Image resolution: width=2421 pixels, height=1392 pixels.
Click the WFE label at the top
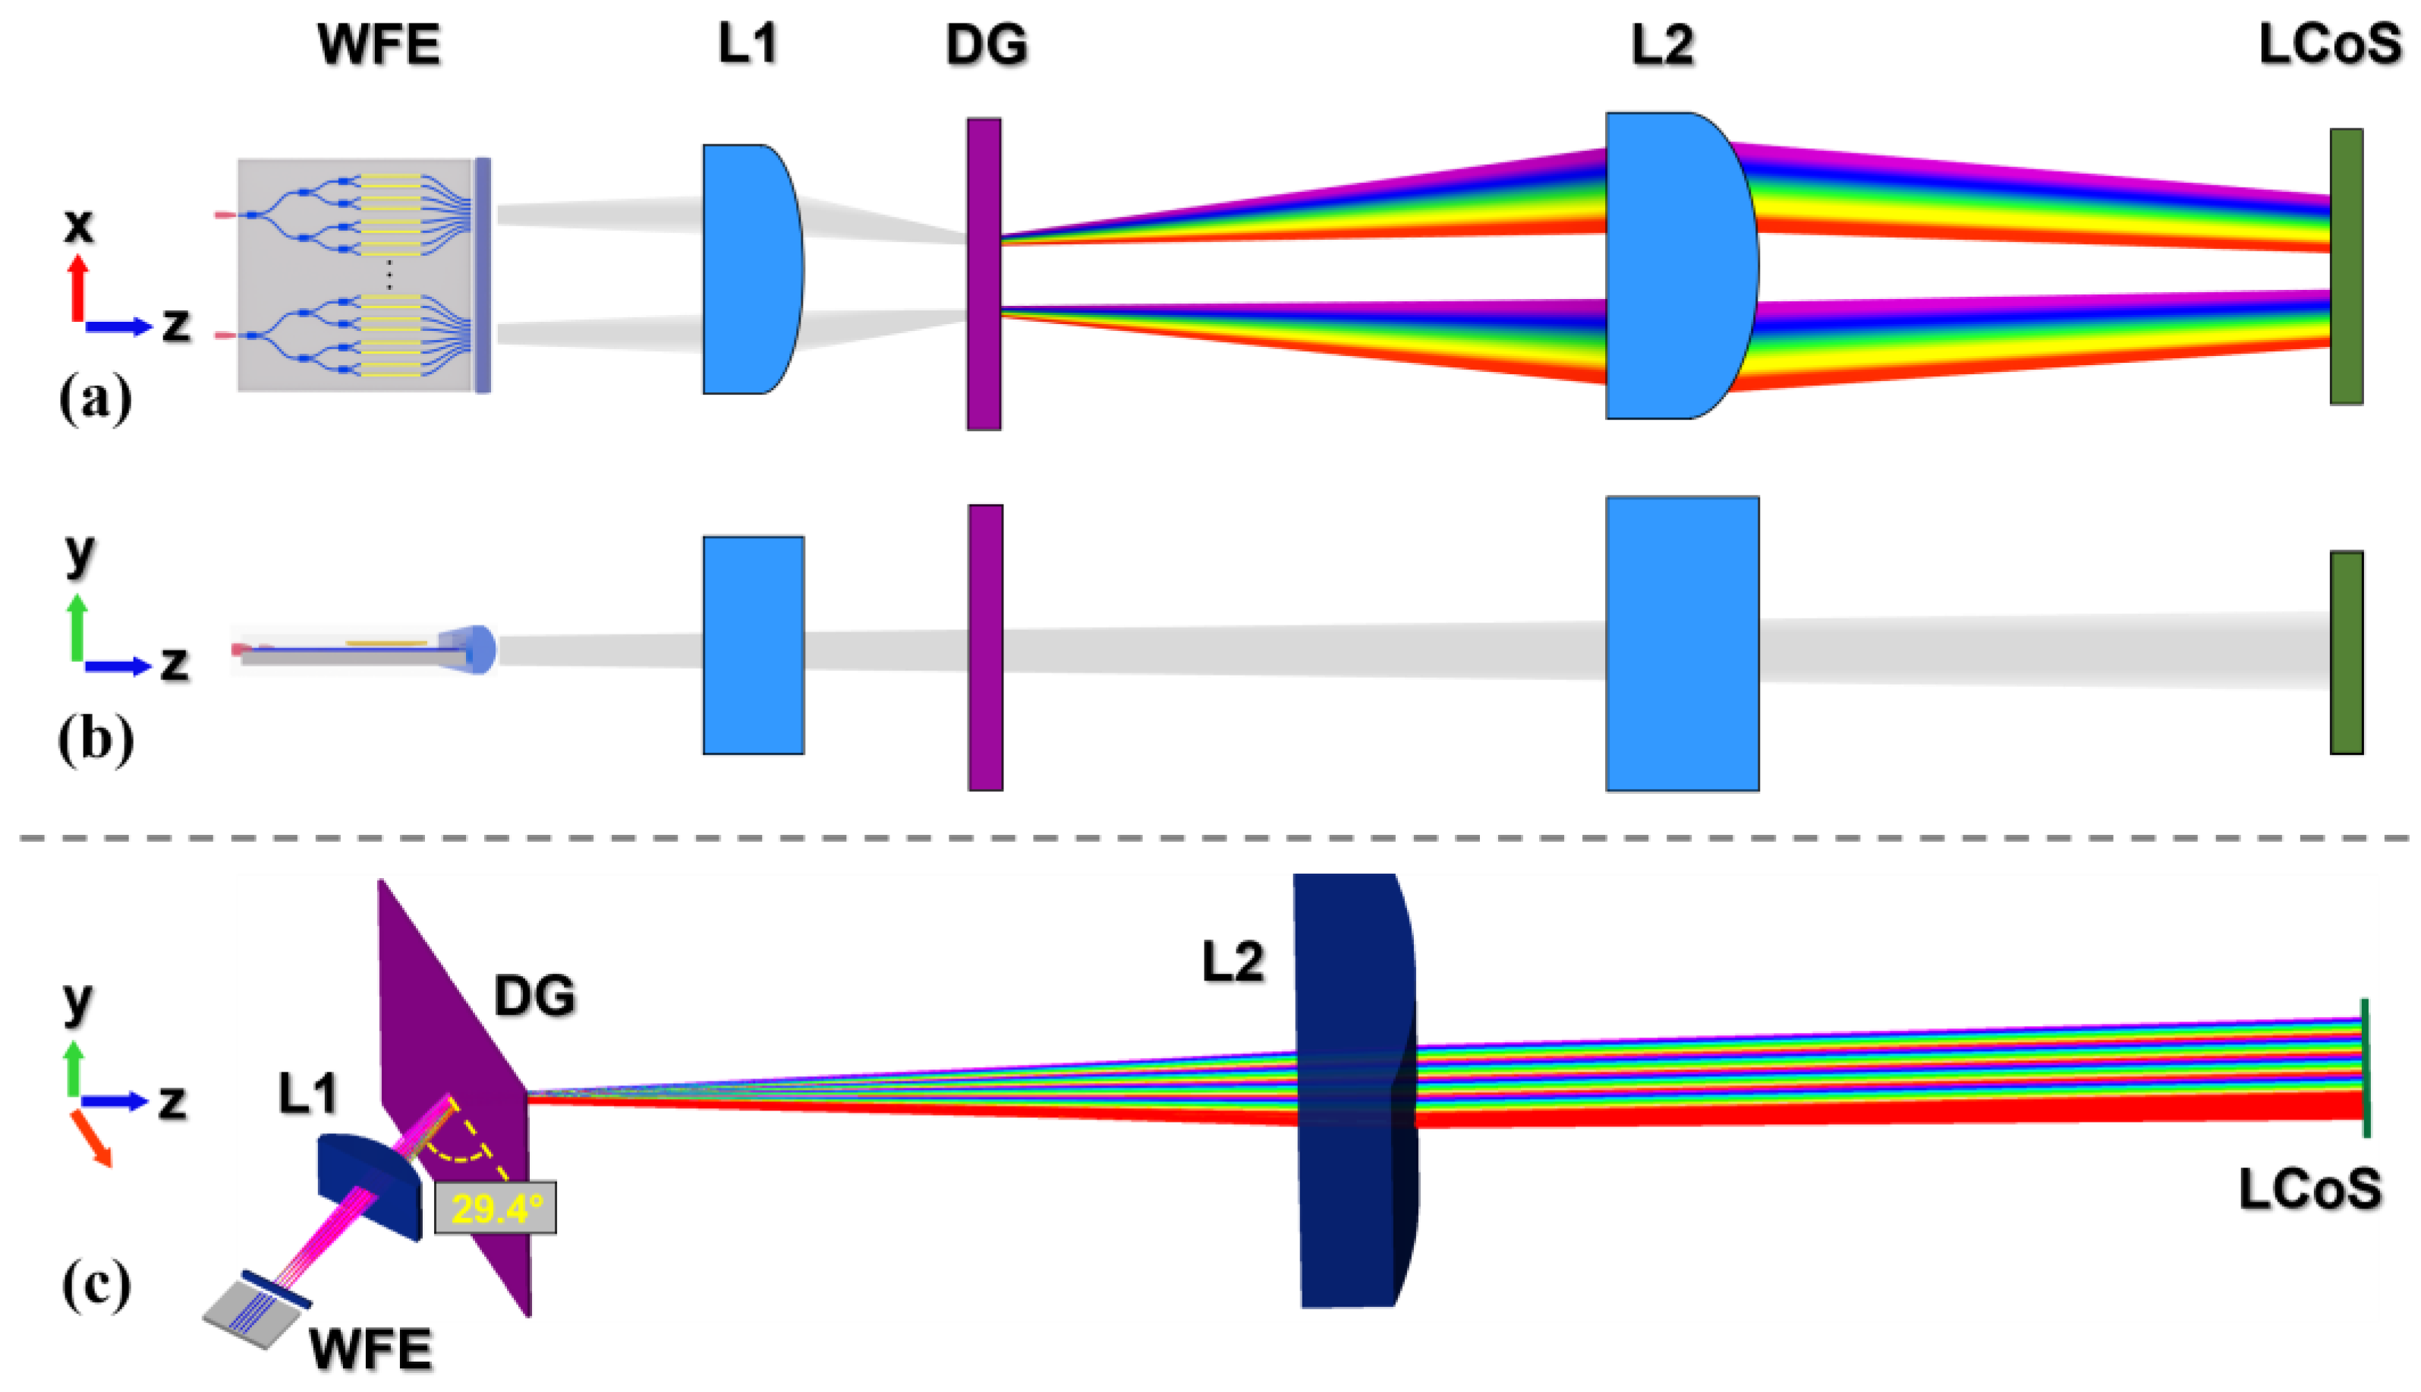click(379, 44)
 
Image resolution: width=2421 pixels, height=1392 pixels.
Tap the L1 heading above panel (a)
click(748, 44)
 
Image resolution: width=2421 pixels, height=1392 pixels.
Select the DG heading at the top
click(987, 44)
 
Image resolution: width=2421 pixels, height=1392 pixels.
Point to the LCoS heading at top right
click(2329, 44)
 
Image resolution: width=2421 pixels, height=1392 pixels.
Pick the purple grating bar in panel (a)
click(984, 275)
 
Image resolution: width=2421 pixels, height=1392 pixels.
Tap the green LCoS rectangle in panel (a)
click(2346, 266)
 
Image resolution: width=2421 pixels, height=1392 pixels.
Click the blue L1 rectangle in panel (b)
click(753, 645)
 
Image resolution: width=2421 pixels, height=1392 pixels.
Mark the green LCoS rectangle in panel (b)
click(2346, 653)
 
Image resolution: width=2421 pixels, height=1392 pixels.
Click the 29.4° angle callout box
click(495, 1208)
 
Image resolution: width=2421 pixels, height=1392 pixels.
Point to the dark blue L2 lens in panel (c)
click(1352, 1090)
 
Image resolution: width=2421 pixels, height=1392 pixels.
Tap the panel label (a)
click(95, 398)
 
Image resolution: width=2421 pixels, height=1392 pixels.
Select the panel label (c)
click(96, 1285)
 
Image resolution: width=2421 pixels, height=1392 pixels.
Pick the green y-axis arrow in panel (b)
click(78, 626)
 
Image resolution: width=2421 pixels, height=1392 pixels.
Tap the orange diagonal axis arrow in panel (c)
click(93, 1138)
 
